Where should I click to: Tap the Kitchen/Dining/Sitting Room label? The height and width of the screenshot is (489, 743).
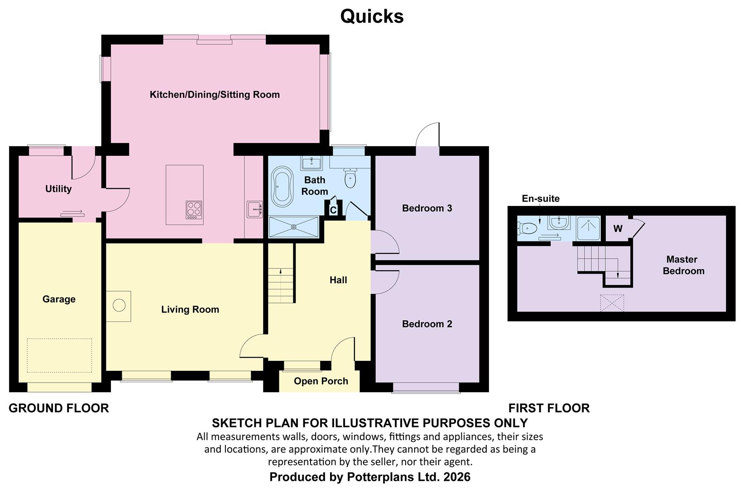[x=215, y=95]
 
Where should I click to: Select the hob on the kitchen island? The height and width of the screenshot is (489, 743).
[x=194, y=210]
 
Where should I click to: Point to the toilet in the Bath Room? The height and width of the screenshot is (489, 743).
[x=350, y=178]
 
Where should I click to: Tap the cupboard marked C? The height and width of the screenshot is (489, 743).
[x=333, y=210]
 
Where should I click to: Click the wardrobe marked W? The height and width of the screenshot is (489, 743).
[x=618, y=229]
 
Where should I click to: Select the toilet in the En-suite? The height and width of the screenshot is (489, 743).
[x=527, y=229]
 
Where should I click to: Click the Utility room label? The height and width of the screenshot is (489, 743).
[x=58, y=189]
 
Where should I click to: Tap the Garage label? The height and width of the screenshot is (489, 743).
[x=59, y=299]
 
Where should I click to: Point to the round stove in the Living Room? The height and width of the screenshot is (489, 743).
[x=119, y=305]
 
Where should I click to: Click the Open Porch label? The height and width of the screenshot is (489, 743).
[x=321, y=381]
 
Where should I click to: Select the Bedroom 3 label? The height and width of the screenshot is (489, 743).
[x=427, y=208]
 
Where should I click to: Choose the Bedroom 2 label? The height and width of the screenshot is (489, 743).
[x=427, y=324]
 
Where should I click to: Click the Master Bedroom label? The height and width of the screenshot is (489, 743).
[x=683, y=265]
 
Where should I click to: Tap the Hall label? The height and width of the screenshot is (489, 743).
[x=338, y=280]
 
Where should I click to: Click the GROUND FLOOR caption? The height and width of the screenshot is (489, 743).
[x=59, y=408]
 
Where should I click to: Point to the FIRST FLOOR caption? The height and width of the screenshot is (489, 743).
[x=549, y=408]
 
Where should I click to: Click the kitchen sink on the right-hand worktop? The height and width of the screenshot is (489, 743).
[x=254, y=210]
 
